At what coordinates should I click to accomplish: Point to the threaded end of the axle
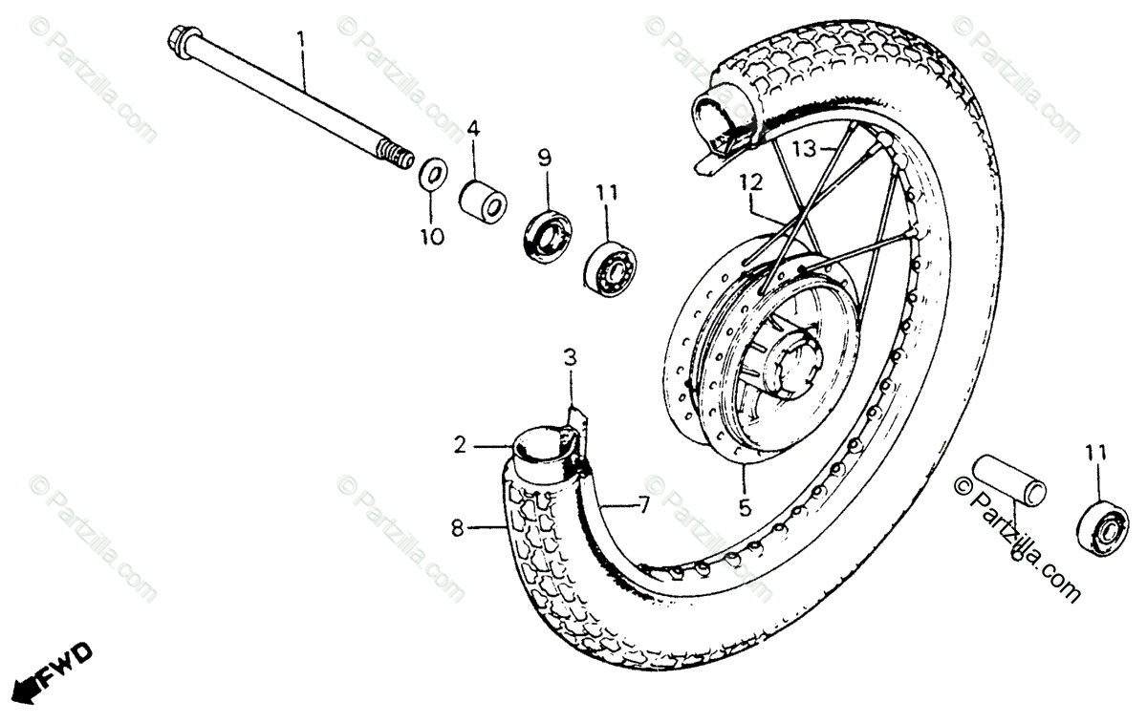(395, 153)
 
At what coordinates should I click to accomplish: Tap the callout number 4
(474, 129)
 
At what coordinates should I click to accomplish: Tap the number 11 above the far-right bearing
(1097, 452)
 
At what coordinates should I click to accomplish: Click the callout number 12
(750, 180)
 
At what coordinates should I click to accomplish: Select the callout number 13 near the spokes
(805, 148)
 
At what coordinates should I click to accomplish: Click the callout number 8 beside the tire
(458, 527)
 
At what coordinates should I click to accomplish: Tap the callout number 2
(460, 444)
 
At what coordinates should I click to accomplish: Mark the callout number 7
(643, 505)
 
